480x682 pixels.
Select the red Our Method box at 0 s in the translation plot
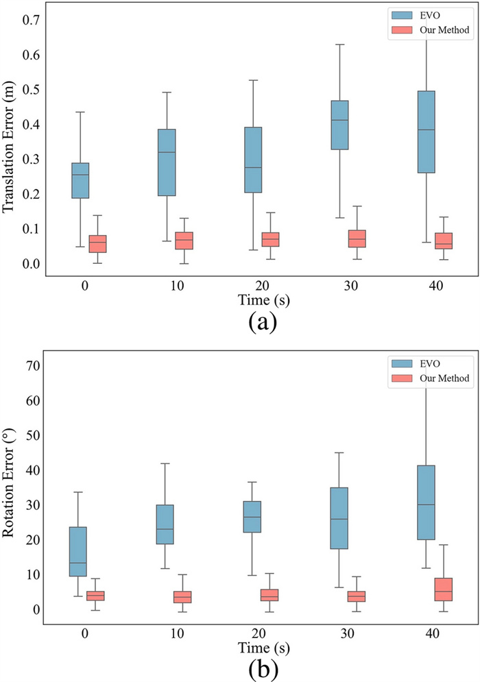98,243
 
